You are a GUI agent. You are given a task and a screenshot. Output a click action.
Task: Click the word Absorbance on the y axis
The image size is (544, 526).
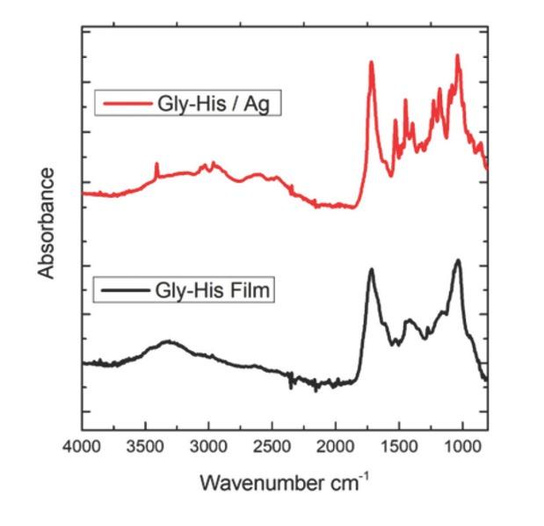click(x=47, y=223)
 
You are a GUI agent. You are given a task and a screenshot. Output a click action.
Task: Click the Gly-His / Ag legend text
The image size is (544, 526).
click(x=219, y=103)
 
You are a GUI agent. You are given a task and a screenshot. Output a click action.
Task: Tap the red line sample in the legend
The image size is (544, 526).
click(x=127, y=104)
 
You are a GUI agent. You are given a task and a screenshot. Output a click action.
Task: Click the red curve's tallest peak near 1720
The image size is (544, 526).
click(x=371, y=62)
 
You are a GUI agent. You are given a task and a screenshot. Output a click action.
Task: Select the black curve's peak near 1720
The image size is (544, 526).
click(x=371, y=270)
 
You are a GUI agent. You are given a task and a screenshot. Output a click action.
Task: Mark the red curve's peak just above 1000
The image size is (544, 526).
click(x=457, y=55)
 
